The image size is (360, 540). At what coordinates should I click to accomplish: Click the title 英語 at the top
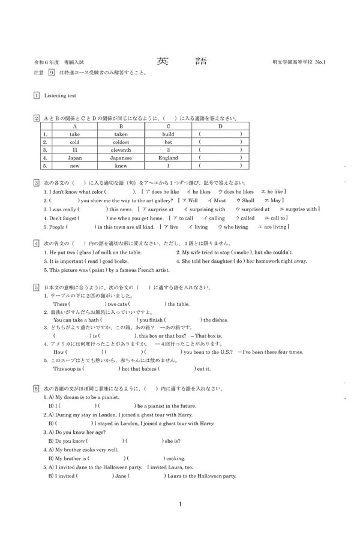tap(180, 61)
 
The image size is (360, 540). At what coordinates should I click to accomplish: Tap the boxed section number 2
tap(37, 118)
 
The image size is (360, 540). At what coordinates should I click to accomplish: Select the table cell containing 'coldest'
tap(121, 142)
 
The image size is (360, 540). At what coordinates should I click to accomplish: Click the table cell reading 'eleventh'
tap(121, 150)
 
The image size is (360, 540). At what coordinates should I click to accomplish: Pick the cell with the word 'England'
tap(168, 158)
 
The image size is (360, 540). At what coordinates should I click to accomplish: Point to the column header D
tap(220, 127)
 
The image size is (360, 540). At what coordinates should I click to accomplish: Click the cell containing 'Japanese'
tap(121, 158)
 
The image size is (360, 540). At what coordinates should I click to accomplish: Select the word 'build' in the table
tap(168, 134)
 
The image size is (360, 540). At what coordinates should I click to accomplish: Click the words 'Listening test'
tap(60, 95)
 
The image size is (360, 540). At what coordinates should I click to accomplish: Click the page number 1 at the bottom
tap(180, 504)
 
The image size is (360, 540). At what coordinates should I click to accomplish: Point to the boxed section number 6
tap(37, 389)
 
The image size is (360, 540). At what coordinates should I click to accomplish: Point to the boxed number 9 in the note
tap(52, 73)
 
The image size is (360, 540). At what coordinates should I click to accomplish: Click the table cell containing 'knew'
tap(121, 166)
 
